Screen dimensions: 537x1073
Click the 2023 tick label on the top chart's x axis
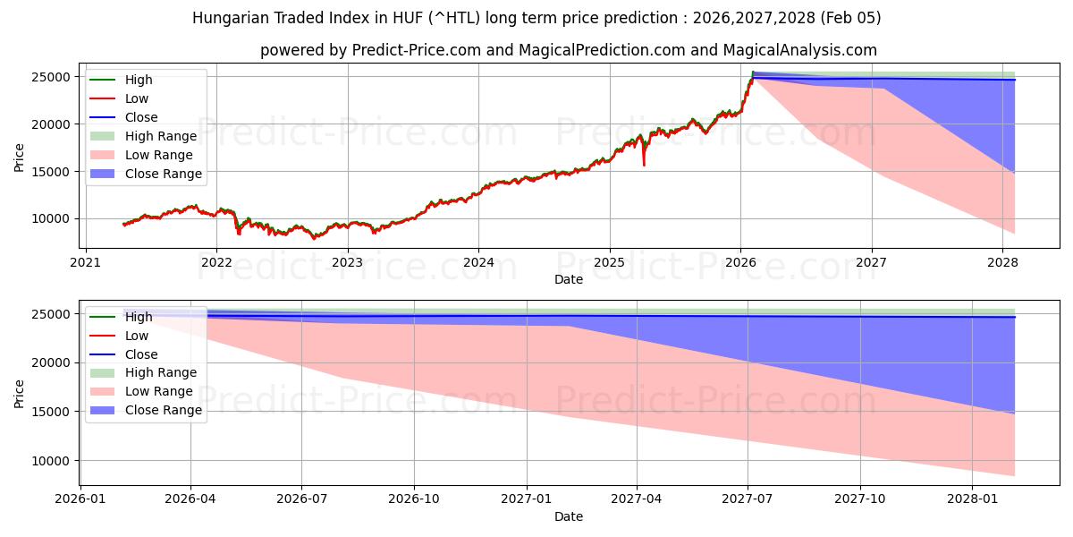tap(347, 262)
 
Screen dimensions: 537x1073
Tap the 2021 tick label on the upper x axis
tap(85, 262)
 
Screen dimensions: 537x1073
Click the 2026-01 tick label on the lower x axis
tap(80, 499)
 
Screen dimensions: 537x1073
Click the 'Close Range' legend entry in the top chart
tap(163, 174)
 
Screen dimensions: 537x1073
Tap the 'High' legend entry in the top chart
tap(139, 80)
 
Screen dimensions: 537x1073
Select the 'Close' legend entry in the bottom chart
tap(141, 354)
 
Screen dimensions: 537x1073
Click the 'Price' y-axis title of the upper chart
tap(20, 157)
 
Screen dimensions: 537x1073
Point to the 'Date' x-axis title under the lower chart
tap(569, 516)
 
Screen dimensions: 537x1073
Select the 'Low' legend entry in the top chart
tap(137, 98)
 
